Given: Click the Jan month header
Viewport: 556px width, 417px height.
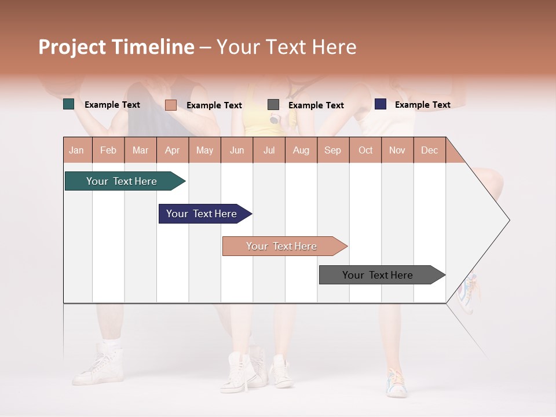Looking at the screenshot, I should point(76,150).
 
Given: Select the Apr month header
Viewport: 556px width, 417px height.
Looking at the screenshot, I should point(172,150).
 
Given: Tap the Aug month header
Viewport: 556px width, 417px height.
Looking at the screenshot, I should point(301,150).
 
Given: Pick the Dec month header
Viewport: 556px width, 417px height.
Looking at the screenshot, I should point(429,150).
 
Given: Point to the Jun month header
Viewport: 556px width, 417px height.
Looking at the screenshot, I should point(236,150).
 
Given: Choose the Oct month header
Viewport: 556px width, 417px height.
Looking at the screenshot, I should point(365,150).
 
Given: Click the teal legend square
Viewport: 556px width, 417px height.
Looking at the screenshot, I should point(69,104).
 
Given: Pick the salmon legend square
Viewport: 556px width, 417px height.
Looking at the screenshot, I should point(170,105).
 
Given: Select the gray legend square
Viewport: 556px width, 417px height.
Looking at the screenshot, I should point(273,105).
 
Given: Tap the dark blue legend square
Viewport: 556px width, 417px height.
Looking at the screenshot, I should point(381,104).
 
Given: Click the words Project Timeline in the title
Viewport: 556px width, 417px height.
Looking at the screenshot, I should point(116,47).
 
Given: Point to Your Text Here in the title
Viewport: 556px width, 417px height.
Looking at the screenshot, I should point(286,47).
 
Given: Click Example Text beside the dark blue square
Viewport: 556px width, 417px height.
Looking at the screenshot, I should point(422,105).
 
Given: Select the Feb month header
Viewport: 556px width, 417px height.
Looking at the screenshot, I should point(108,150).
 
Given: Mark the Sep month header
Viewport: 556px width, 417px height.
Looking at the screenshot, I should point(332,150).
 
